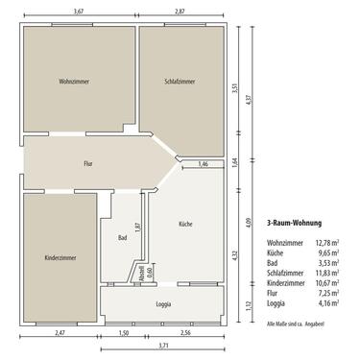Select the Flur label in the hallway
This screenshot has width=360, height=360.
pos(87,164)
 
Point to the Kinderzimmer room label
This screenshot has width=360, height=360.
pos(60,258)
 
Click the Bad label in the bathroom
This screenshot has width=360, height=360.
pos(122,237)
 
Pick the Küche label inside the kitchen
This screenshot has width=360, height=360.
pos(185,224)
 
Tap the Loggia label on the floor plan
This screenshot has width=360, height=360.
pos(164,302)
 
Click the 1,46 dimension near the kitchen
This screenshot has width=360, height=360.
pos(203,165)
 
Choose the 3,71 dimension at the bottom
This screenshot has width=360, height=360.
pos(164,344)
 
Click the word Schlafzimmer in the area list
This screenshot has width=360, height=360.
pos(286,274)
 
